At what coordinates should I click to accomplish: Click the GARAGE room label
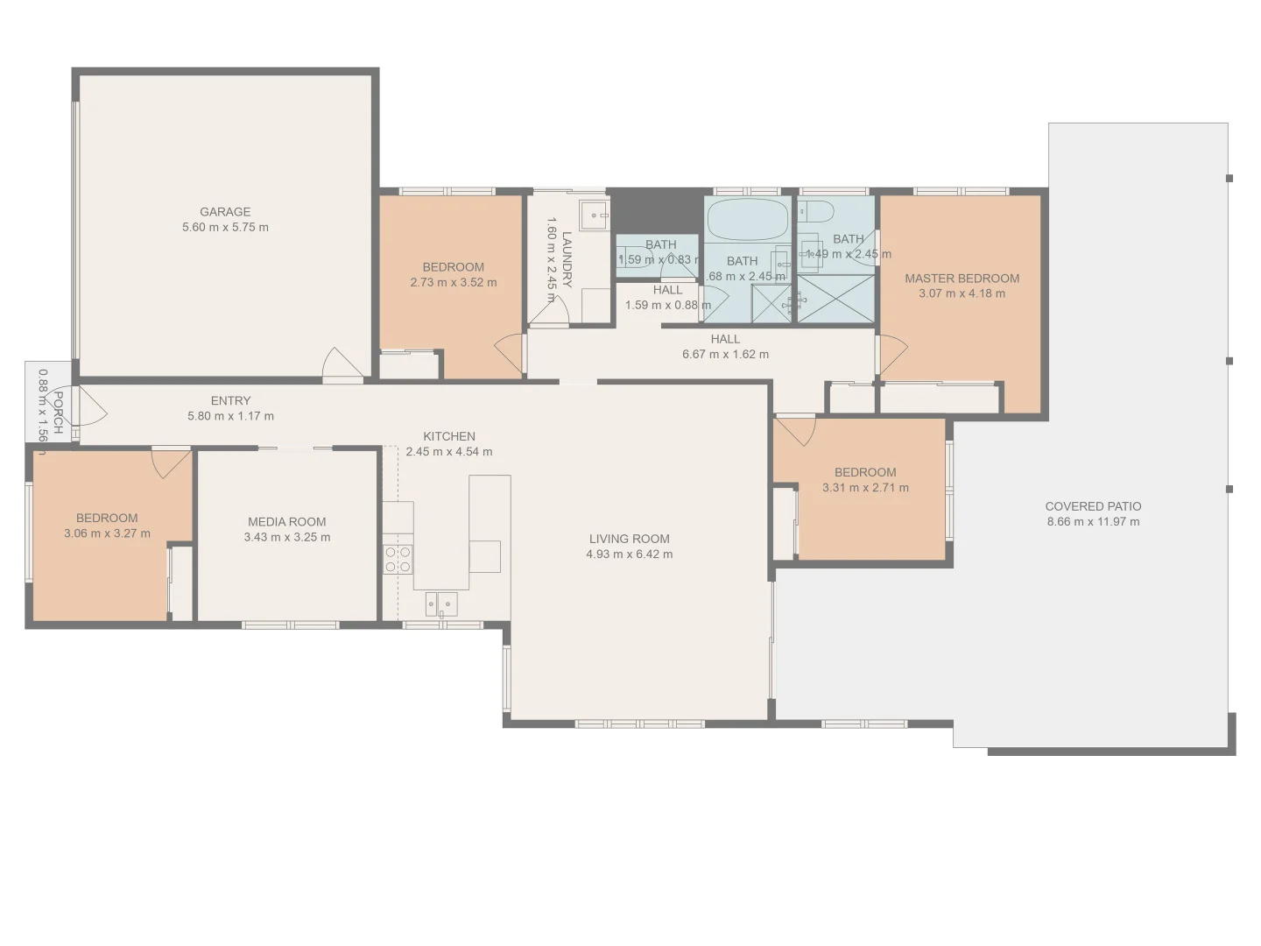click(225, 212)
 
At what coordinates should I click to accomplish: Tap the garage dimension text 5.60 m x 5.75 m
click(225, 228)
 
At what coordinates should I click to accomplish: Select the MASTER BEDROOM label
click(962, 279)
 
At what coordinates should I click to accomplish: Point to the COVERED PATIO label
click(1093, 506)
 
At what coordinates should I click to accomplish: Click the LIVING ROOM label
click(629, 539)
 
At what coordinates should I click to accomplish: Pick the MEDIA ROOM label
click(286, 522)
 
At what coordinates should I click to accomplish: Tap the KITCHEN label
click(449, 436)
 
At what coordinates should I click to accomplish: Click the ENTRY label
click(230, 401)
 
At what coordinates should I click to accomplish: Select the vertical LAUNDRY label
click(567, 259)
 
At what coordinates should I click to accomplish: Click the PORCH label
click(57, 413)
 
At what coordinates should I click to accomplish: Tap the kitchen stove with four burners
click(398, 560)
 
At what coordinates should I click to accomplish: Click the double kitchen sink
click(441, 604)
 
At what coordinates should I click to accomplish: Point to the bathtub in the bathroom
click(748, 220)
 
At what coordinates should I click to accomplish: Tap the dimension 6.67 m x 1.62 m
click(725, 355)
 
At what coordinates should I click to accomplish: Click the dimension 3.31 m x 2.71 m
click(865, 488)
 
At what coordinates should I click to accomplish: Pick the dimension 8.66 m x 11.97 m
click(1093, 522)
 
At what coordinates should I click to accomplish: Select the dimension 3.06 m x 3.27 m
click(107, 533)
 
